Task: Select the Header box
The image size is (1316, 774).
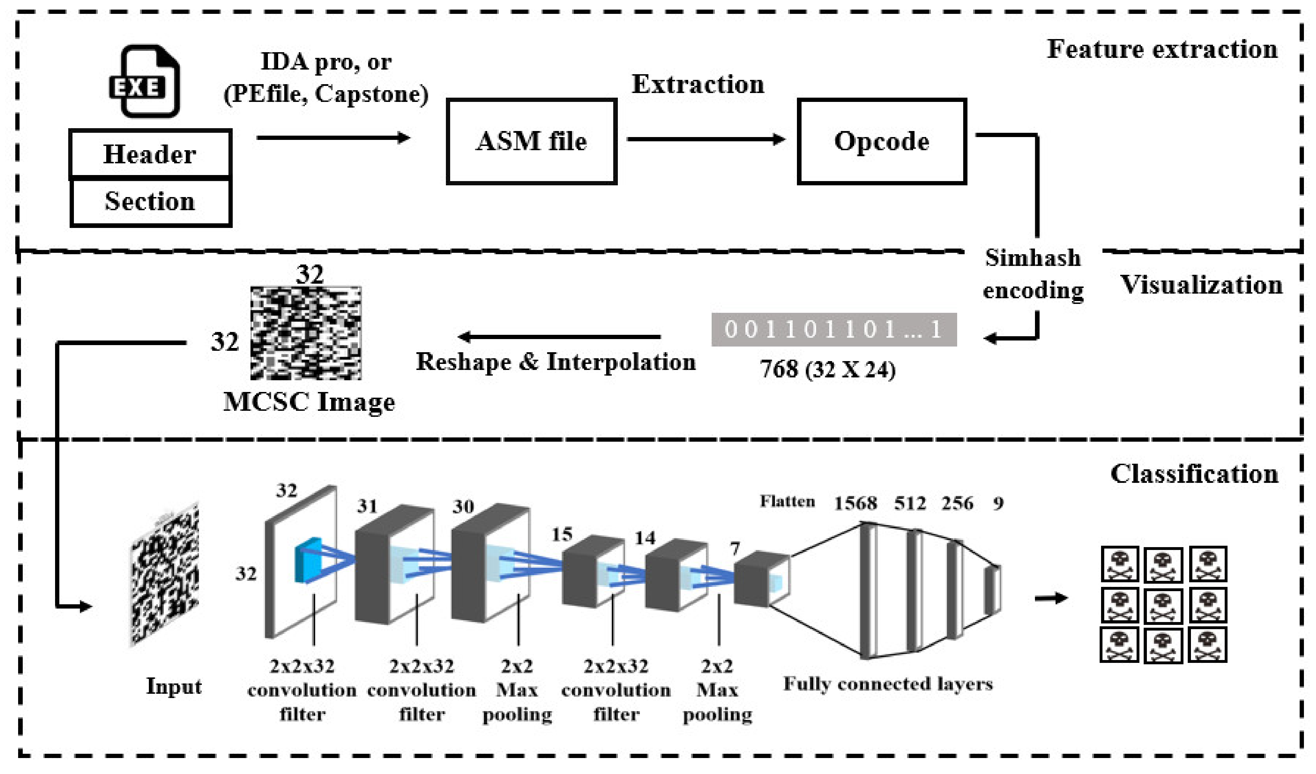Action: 150,154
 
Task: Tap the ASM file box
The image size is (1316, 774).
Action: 531,141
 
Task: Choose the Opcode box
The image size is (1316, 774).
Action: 881,141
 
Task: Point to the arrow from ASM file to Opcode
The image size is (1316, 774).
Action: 705,139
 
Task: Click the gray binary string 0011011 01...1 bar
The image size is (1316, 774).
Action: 834,329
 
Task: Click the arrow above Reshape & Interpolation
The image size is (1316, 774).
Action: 559,337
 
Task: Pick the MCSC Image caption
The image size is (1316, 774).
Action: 309,402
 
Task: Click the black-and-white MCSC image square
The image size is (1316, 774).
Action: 306,333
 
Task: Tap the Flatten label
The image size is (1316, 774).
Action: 787,502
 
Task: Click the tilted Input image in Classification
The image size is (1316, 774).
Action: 164,574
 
